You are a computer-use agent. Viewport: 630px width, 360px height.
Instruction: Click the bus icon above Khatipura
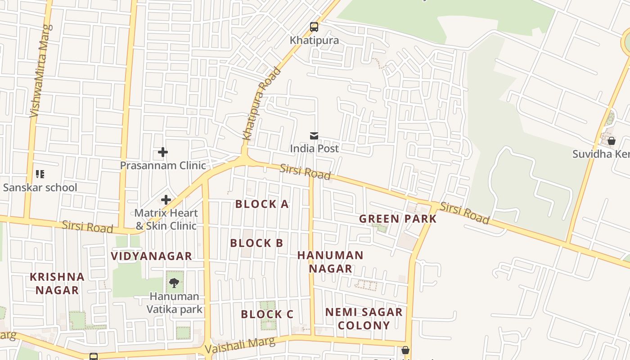coord(314,27)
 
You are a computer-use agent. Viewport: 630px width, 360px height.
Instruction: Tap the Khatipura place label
coord(314,40)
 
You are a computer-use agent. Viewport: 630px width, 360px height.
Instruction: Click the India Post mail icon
coord(314,135)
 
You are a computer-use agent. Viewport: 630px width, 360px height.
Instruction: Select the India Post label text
coord(314,148)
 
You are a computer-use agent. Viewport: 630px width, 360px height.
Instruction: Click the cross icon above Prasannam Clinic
coord(163,153)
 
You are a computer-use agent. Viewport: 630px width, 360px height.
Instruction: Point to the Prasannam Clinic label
coord(163,165)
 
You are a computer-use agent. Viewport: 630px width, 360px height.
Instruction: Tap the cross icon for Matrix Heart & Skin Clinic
coord(166,199)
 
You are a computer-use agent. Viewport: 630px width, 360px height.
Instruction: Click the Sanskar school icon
coord(40,174)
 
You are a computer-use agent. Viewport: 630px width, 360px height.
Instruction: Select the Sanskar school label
coord(40,187)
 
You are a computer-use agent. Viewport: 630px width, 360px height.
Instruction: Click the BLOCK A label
coord(262,204)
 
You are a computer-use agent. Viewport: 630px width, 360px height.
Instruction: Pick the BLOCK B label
coord(256,243)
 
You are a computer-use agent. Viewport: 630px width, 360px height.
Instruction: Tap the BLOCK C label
coord(267,314)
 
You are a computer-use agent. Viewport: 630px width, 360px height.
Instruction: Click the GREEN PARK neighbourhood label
coord(398,219)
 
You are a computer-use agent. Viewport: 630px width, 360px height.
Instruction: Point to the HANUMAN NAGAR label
coord(330,262)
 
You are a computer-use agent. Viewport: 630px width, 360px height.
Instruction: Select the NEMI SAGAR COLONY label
coord(364,319)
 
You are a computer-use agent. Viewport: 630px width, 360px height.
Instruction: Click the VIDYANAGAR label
coord(152,256)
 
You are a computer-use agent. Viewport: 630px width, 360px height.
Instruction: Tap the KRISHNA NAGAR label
coord(57,283)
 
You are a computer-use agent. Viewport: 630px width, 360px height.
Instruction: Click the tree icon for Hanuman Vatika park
coord(174,283)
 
